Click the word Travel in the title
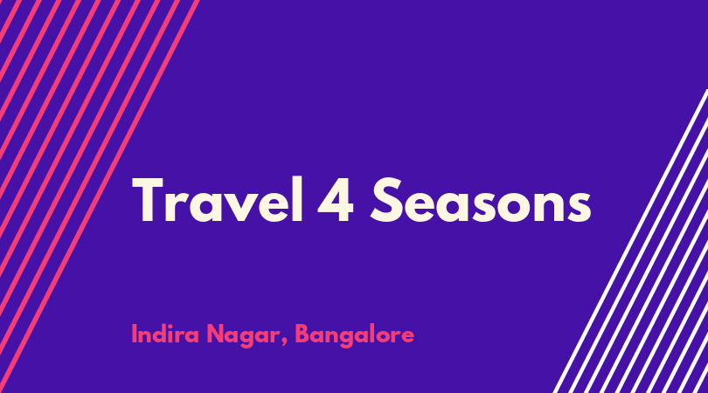218,200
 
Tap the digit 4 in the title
336,200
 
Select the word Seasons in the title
481,200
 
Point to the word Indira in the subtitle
165,334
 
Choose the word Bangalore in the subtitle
355,335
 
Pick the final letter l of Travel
297,199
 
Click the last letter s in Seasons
579,207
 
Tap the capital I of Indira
134,334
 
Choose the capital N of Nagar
215,334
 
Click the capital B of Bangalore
303,334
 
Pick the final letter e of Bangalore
406,337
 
